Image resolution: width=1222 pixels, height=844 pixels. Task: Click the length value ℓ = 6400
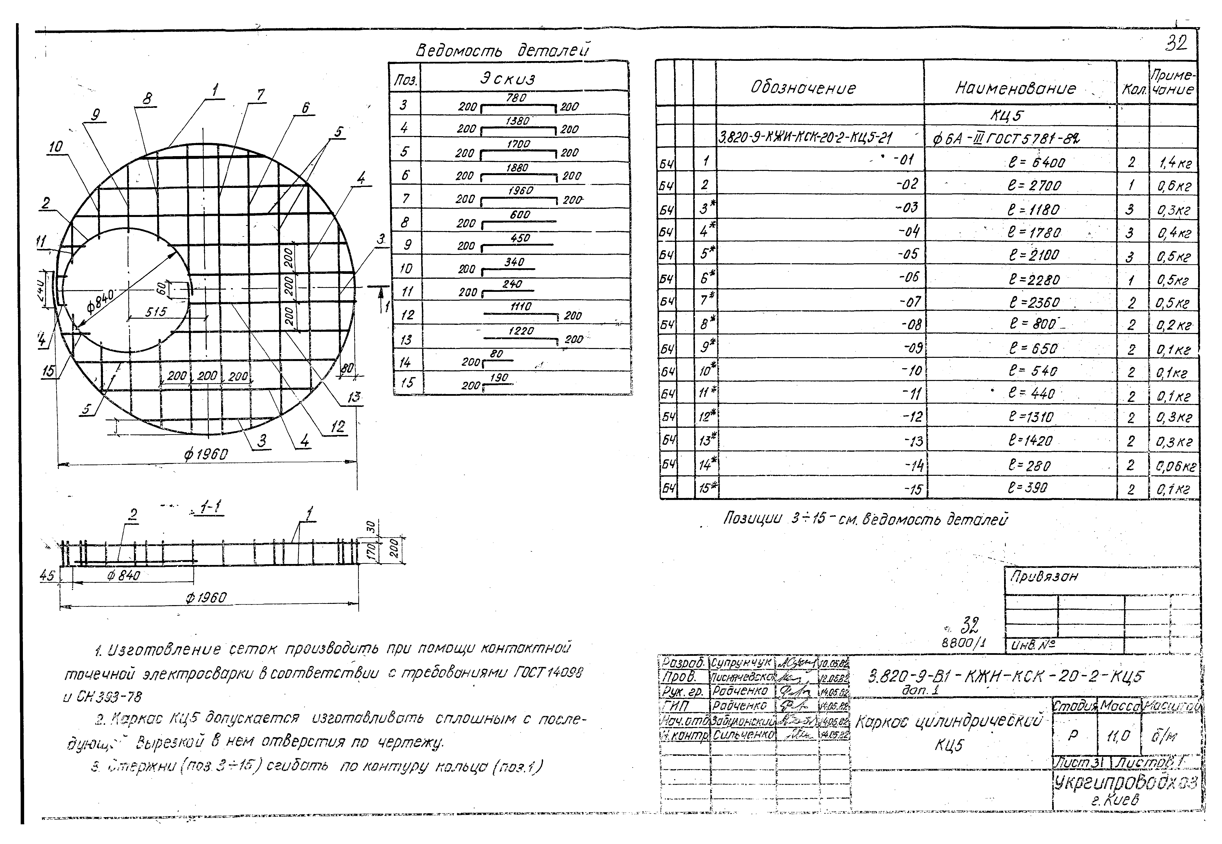(1036, 162)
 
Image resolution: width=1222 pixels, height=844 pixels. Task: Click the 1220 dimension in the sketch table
(521, 331)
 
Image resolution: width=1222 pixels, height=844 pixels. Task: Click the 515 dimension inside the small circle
(155, 312)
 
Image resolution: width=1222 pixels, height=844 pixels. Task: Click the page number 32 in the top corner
(1176, 43)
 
